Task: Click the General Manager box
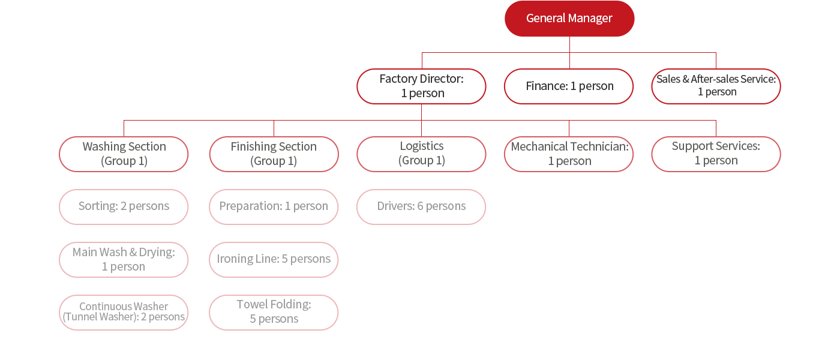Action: point(569,19)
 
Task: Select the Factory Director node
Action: point(421,86)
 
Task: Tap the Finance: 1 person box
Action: point(569,86)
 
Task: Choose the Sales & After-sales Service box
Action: point(716,86)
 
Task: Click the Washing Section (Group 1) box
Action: point(124,154)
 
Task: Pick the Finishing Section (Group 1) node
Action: point(274,154)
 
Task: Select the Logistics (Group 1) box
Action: point(421,154)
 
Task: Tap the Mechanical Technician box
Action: point(569,154)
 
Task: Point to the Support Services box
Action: point(716,154)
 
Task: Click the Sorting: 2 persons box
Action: point(124,207)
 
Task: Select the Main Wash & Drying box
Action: point(124,260)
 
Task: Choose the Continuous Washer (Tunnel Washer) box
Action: point(124,313)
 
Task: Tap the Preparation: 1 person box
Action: point(274,207)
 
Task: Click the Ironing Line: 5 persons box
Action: point(274,260)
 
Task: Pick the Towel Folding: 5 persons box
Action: point(274,313)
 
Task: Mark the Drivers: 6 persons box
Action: point(421,207)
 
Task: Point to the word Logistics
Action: point(422,146)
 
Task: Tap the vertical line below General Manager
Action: point(569,44)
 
